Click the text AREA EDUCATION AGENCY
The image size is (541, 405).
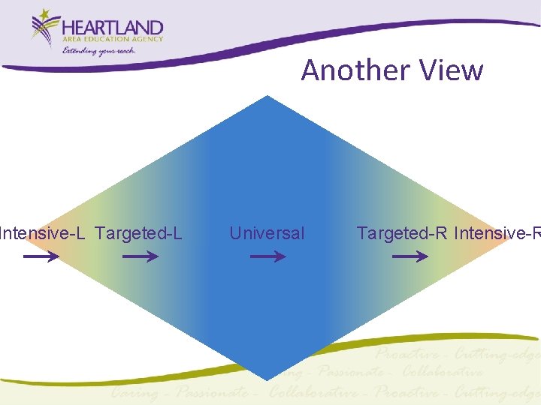[113, 39]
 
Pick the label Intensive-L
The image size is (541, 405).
[42, 233]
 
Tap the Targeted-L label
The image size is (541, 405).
[139, 233]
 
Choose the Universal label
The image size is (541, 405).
[267, 233]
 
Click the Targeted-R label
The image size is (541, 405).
[401, 233]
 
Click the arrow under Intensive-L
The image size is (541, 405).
[42, 256]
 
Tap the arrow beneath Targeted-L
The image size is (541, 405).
[140, 256]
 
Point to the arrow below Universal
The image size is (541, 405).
[267, 256]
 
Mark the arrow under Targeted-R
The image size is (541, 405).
[410, 256]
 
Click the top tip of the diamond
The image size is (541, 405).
[267, 97]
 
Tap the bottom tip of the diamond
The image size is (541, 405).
[267, 379]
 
